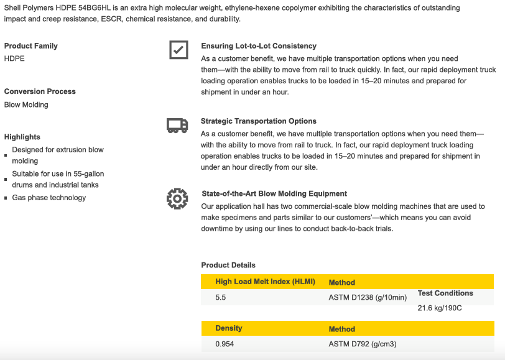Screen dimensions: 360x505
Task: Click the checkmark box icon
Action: pos(178,50)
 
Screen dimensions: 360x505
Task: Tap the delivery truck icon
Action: pos(177,126)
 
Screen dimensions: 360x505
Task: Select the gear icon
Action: pos(177,198)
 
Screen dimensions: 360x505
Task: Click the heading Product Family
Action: pos(31,46)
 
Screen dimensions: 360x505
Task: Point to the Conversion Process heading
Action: pos(40,91)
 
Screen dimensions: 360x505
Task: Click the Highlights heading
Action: pos(22,137)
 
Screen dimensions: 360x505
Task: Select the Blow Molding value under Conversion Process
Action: pos(26,104)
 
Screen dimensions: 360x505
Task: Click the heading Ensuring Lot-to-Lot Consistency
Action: pos(259,46)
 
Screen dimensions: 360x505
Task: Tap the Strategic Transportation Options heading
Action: pos(259,121)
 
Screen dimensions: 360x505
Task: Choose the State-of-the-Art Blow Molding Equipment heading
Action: pos(274,193)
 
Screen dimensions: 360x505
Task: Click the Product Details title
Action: pos(228,265)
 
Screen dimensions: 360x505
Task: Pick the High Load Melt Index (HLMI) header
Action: pos(265,282)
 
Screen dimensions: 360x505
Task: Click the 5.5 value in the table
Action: pos(221,298)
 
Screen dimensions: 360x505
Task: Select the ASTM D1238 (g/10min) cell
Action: pos(368,298)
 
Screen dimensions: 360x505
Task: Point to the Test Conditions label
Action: pos(445,293)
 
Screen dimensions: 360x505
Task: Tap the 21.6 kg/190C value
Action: pos(440,308)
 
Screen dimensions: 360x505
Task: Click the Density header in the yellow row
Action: pos(229,328)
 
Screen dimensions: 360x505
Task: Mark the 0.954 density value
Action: pos(225,344)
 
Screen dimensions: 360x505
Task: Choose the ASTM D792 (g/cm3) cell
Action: pos(363,344)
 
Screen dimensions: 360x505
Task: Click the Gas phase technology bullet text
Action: pos(49,198)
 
